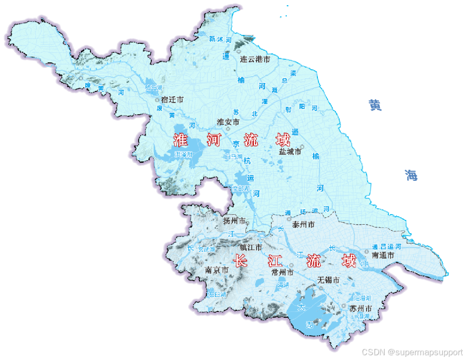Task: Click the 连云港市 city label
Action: click(x=255, y=59)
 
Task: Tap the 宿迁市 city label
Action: click(x=172, y=99)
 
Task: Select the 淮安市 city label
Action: click(x=228, y=122)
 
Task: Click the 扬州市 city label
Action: click(x=234, y=220)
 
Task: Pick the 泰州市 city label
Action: click(x=303, y=225)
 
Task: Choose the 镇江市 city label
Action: click(x=251, y=247)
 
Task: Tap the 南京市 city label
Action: click(x=216, y=270)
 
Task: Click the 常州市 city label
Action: click(x=282, y=272)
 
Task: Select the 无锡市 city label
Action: click(x=328, y=280)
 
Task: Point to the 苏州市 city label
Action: click(x=360, y=308)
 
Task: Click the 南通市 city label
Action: click(x=383, y=255)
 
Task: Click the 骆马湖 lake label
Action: click(x=153, y=88)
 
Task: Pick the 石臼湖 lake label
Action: click(x=217, y=294)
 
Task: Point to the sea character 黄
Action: click(x=375, y=105)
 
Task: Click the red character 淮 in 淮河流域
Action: click(x=181, y=140)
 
